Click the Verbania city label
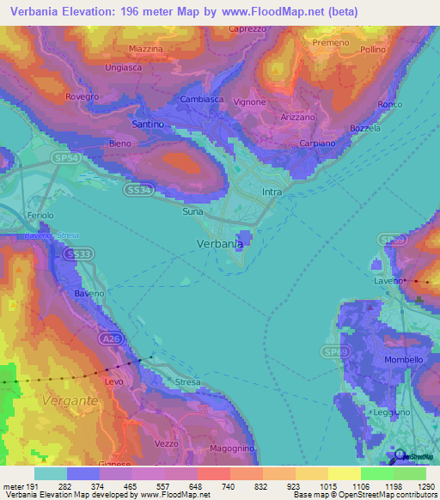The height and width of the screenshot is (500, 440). (215, 243)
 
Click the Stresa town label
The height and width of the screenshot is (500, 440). (187, 381)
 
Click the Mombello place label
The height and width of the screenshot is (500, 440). (403, 360)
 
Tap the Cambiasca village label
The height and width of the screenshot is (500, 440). (202, 100)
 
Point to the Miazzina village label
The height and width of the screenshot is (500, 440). (145, 49)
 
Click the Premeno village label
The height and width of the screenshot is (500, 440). (332, 42)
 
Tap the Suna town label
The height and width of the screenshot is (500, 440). (194, 210)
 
